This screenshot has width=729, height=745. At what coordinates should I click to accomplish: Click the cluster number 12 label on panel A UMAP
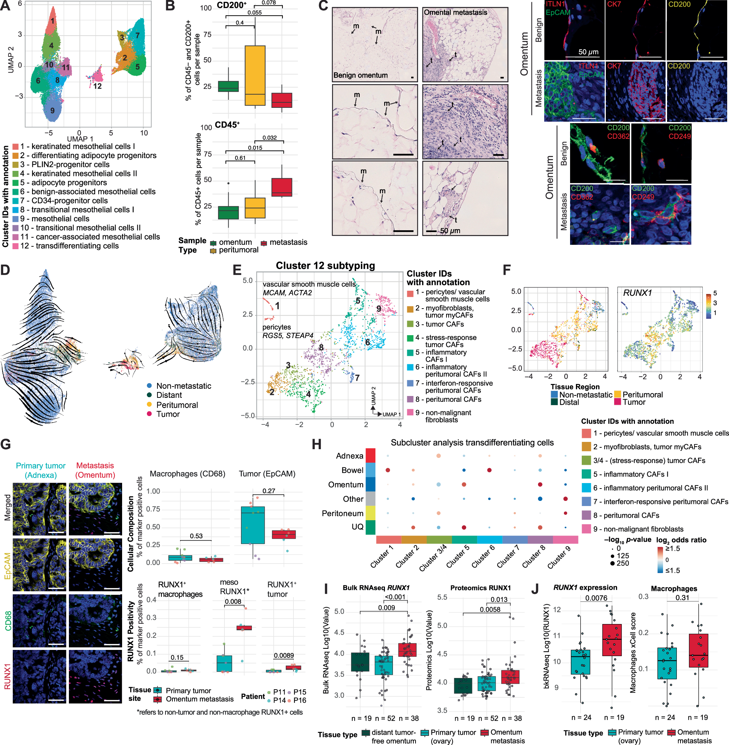click(98, 86)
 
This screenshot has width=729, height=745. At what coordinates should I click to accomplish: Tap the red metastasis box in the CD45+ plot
click(282, 187)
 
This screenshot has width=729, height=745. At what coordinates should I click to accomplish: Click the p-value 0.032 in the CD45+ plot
click(269, 138)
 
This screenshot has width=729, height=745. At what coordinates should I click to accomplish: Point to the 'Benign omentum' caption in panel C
click(360, 75)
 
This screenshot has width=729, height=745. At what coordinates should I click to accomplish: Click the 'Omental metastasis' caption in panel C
click(455, 13)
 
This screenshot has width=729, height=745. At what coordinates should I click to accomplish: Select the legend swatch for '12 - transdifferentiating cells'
click(16, 246)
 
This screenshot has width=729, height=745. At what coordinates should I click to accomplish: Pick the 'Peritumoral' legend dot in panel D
click(149, 405)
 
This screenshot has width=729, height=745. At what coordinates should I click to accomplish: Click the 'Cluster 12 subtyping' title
click(325, 266)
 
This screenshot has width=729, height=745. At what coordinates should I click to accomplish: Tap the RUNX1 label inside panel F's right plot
click(638, 293)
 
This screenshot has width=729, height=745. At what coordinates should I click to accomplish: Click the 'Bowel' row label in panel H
click(352, 470)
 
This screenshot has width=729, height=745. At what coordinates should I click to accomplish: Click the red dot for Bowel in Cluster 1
click(388, 470)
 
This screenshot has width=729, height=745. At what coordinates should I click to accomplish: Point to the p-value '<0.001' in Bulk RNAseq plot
click(395, 597)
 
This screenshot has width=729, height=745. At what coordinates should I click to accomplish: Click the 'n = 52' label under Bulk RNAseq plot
click(385, 718)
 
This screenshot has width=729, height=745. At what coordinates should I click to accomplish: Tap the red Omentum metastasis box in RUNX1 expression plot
click(612, 640)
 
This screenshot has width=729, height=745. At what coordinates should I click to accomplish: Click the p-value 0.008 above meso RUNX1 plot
click(233, 601)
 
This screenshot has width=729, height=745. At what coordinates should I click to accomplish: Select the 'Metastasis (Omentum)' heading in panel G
click(95, 470)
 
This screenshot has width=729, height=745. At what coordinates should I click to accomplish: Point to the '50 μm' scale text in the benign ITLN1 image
click(588, 52)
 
